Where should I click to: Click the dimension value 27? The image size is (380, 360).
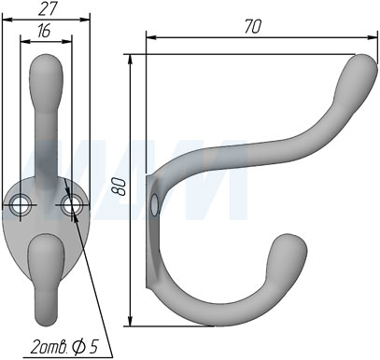click(48, 8)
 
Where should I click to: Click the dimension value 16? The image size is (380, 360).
click(44, 31)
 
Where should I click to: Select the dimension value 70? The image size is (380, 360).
click(253, 26)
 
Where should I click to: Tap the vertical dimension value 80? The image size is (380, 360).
click(121, 187)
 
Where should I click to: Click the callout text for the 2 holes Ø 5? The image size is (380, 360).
click(64, 346)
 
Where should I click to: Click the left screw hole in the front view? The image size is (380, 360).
click(21, 205)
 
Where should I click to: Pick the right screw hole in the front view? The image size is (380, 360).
click(72, 205)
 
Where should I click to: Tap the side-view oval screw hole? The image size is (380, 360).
click(154, 205)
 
